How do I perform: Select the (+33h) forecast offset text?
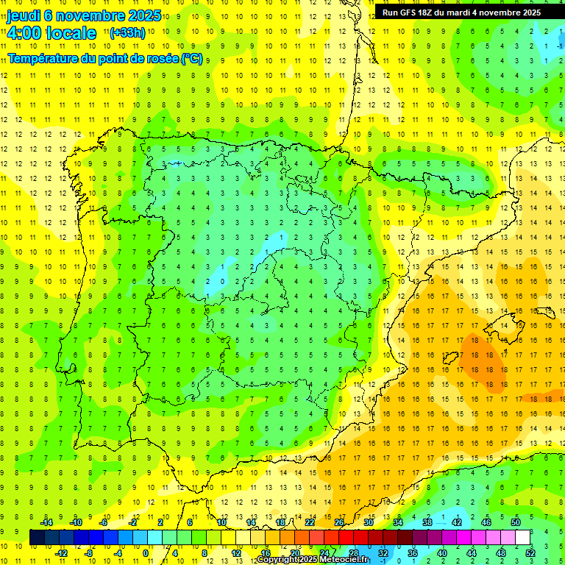coord(128,32)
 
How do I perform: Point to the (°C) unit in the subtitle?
coord(192,57)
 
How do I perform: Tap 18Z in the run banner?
coord(436,13)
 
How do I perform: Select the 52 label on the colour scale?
coord(530,553)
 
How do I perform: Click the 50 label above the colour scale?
coord(516,522)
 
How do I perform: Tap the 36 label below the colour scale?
coord(413,553)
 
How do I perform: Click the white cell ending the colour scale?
coord(523,537)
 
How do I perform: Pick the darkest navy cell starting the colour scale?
coord(38,537)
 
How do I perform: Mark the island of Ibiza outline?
coord(450,358)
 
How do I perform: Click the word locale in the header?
coord(69,33)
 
